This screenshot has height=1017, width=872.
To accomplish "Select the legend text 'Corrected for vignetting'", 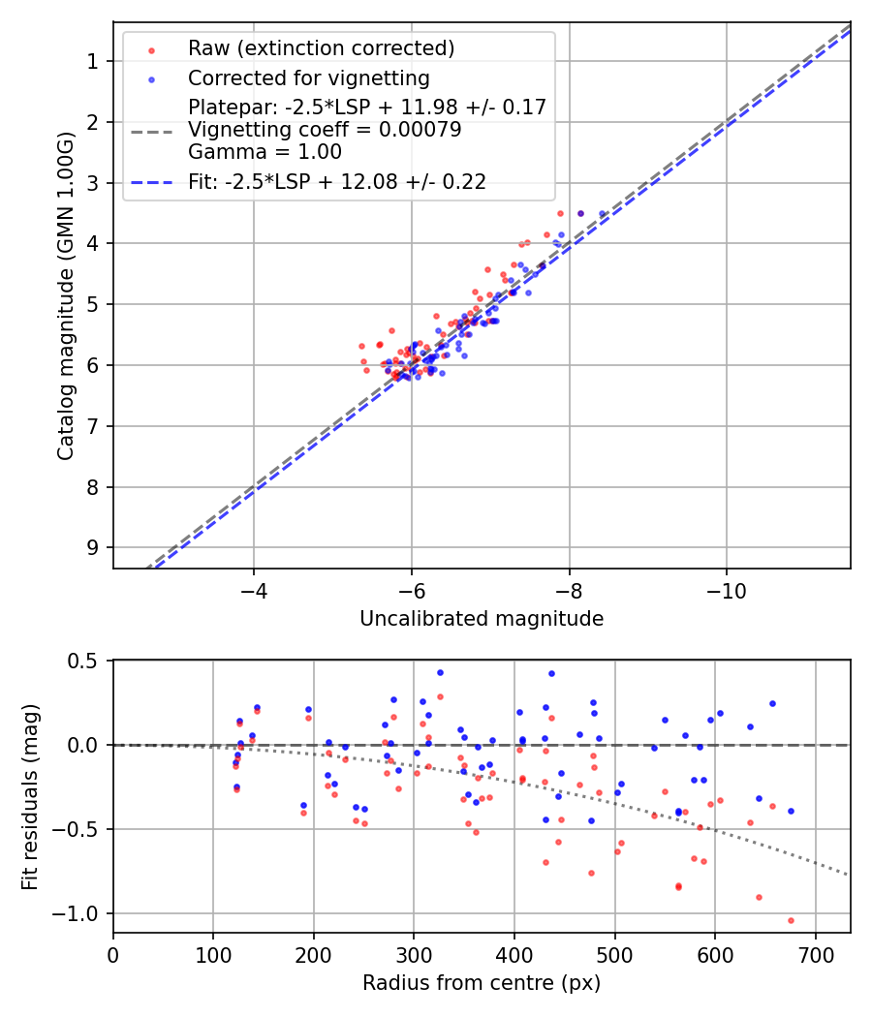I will pos(309,77).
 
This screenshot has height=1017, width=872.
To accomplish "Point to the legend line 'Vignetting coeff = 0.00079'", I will pos(325,130).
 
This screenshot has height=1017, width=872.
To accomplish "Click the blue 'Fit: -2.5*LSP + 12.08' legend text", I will pos(337,181).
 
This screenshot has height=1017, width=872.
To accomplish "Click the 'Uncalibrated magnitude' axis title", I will pos(482,619).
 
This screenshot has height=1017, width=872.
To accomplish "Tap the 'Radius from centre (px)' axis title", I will pos(482,983).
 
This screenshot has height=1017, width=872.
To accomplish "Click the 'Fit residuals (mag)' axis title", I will pos(30,796).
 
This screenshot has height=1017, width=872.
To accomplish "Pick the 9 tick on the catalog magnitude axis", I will pos(94,547).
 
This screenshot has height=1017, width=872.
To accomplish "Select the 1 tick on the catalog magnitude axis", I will pos(94,61).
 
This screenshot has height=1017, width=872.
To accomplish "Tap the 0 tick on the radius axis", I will pos(113,953).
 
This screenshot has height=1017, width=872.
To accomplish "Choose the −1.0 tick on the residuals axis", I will pos(79,913).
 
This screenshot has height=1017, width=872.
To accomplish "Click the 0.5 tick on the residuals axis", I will pos(85,661).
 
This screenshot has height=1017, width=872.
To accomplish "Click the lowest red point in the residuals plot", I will pos(791,920).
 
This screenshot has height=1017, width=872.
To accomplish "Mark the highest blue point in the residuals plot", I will pos(440,672).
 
